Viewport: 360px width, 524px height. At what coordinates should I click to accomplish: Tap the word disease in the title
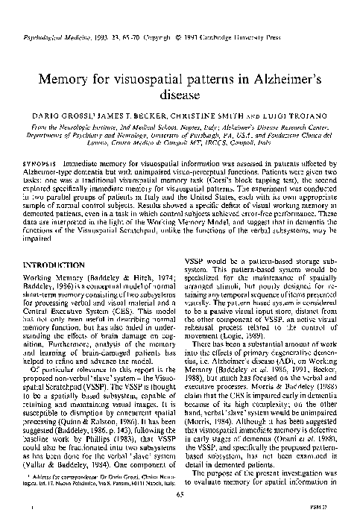pyautogui.click(x=180, y=95)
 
